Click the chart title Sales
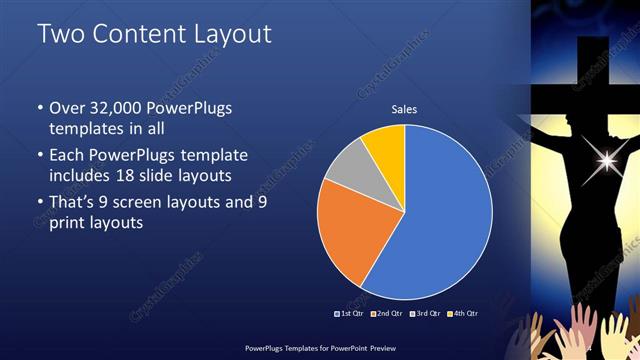pyautogui.click(x=404, y=110)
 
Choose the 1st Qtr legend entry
pyautogui.click(x=348, y=314)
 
